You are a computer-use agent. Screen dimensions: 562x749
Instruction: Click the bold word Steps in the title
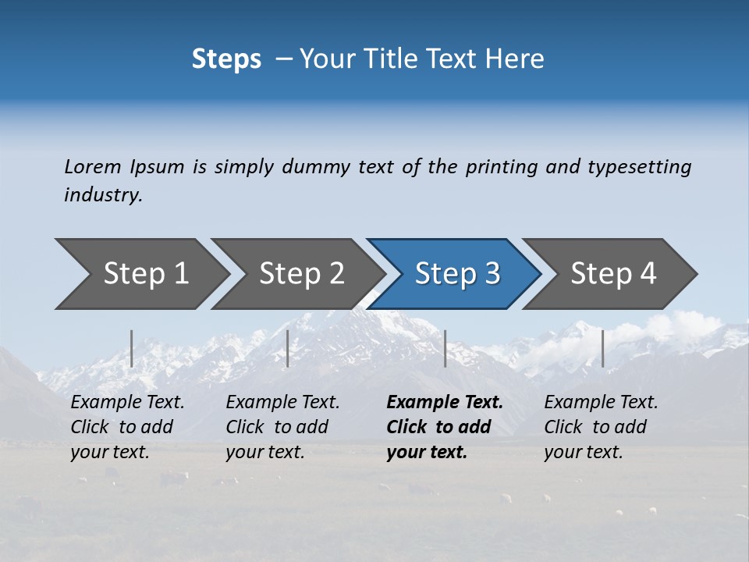pos(226,59)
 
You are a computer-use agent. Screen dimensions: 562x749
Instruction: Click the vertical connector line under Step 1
pos(132,348)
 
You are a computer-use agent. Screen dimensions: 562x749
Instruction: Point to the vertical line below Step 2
pos(288,348)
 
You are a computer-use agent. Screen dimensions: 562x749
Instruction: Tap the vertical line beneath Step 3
pos(445,348)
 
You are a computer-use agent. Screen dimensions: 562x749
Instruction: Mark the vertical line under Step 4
pos(602,348)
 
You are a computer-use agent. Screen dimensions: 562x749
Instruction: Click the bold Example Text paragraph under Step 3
pos(445,427)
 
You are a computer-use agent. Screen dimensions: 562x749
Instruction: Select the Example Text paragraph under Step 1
pos(127,427)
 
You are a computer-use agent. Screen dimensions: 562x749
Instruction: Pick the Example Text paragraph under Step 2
pos(282,427)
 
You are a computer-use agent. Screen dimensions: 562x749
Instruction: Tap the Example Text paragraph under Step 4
pos(601,427)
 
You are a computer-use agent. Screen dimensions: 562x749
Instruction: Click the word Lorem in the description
pos(93,167)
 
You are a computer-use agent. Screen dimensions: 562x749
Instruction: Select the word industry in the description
pos(102,195)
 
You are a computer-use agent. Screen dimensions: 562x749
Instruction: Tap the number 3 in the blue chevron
pos(492,273)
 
